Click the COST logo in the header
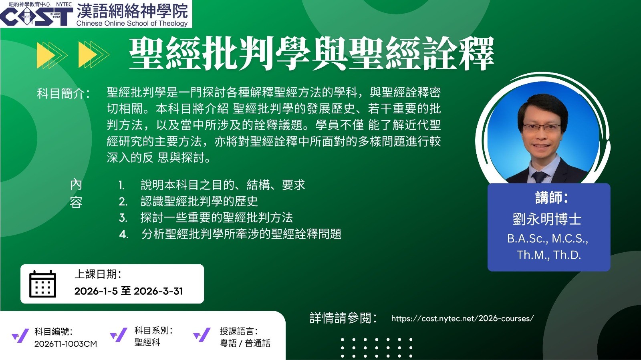(36, 16)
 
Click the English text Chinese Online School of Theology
(132, 24)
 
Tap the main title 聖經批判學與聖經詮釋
(311, 54)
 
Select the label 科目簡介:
(63, 93)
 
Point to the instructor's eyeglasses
(542, 127)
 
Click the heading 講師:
(551, 197)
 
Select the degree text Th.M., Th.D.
(549, 255)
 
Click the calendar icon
(42, 284)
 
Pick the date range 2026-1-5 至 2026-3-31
(129, 291)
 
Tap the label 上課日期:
(98, 274)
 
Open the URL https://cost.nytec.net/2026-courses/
(462, 318)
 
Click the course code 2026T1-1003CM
(66, 344)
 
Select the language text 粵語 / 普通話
(245, 343)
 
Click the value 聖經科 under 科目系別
(147, 342)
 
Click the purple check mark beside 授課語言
(202, 335)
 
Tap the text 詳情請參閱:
(343, 318)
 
